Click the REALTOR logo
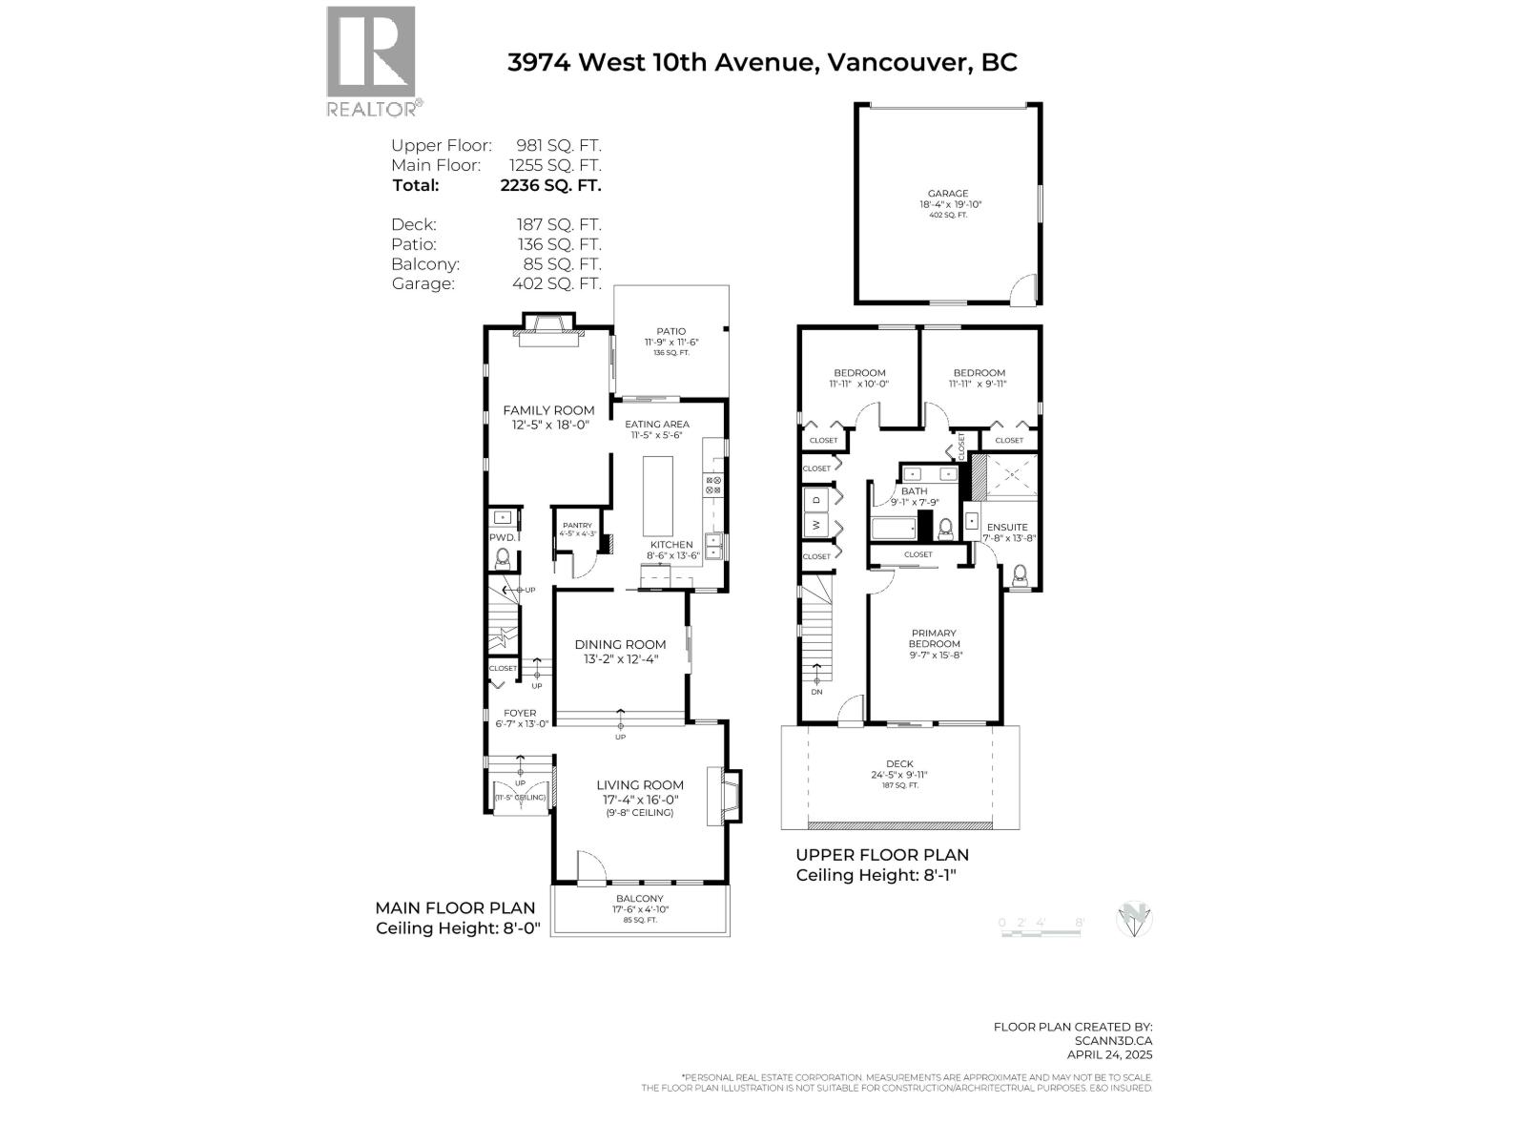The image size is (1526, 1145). click(371, 59)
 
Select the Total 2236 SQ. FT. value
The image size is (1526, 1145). click(550, 186)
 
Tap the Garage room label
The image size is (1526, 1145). click(948, 194)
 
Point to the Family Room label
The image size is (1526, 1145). click(548, 410)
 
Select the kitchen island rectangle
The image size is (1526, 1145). click(657, 496)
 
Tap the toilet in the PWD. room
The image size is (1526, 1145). click(503, 557)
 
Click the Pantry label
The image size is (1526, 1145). click(577, 526)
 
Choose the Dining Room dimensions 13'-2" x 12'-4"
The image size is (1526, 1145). click(620, 659)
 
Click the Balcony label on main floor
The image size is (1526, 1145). click(639, 899)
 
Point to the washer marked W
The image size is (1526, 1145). click(816, 524)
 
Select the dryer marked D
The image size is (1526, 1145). click(816, 499)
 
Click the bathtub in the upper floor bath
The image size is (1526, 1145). click(893, 528)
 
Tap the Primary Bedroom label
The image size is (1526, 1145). click(934, 638)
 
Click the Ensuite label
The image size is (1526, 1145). click(1007, 527)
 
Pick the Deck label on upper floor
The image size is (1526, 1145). click(899, 763)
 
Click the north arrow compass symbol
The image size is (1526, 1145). click(1135, 920)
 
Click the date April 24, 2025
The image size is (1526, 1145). click(1109, 1054)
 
